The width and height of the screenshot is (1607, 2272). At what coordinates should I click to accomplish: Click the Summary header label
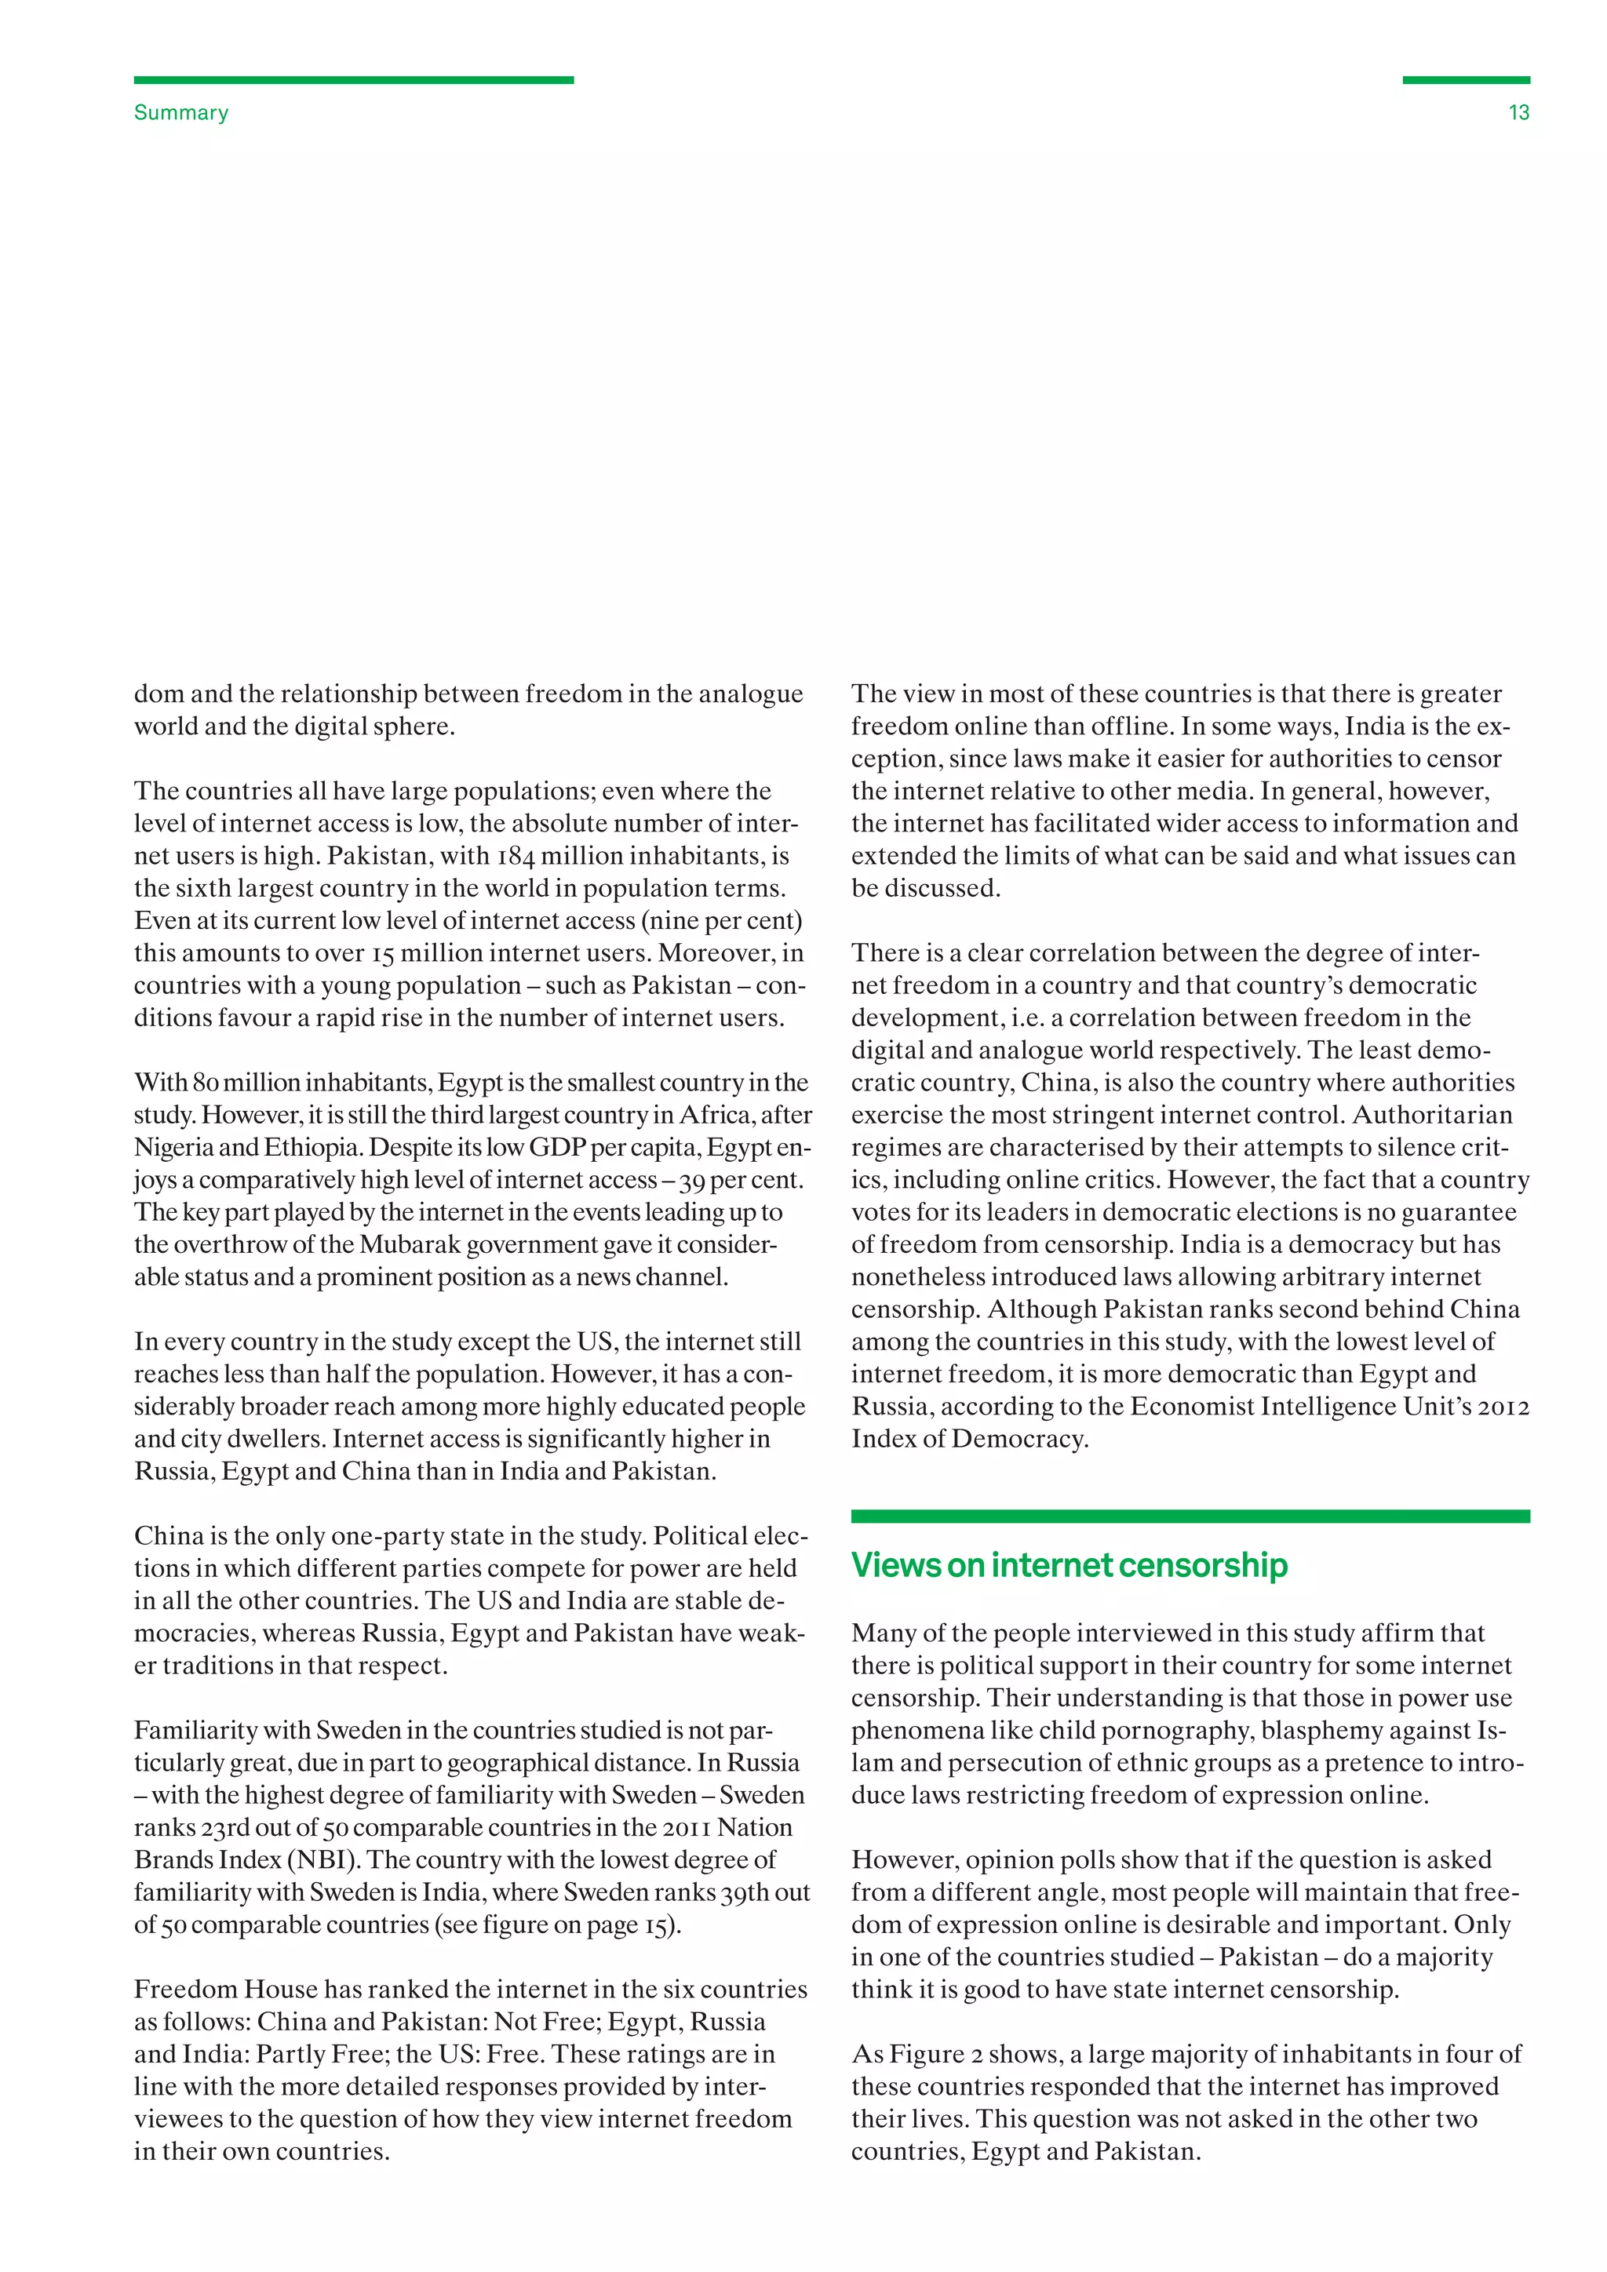pos(181,113)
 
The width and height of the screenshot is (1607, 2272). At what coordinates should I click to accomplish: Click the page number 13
pos(1518,113)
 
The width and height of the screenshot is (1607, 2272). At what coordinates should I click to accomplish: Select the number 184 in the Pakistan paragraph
pos(515,856)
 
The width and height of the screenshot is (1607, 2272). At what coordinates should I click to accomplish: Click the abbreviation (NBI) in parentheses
pos(322,1860)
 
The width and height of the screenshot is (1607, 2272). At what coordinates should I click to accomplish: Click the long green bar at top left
pos(353,80)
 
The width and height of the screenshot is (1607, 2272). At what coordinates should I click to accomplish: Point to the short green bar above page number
pos(1466,80)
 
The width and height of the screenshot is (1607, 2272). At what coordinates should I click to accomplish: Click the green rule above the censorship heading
pos(1190,1516)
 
